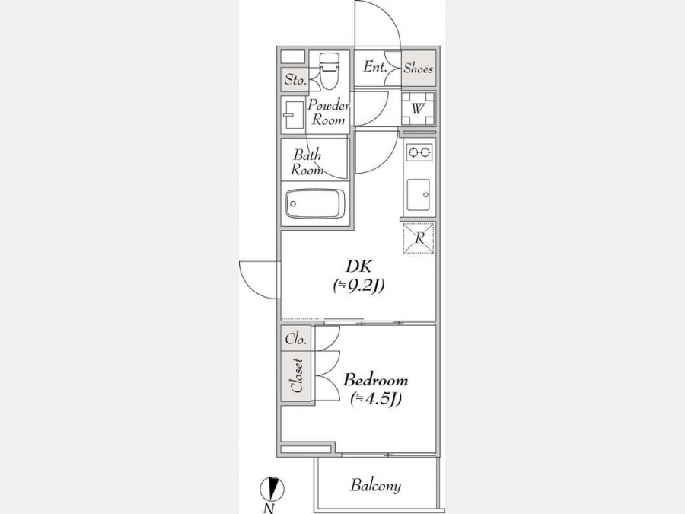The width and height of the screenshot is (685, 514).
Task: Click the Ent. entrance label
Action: coord(374,67)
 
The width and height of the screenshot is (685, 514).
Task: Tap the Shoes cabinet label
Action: coord(418,68)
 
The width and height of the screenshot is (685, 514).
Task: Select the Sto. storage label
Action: coord(295,79)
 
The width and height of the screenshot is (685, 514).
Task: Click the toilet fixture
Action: coord(329,70)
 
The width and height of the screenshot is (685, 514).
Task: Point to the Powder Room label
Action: coord(329,113)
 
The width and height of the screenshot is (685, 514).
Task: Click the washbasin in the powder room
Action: coord(293,115)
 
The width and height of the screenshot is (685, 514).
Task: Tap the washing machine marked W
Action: coord(418,108)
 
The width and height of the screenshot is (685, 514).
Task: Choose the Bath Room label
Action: coord(307,162)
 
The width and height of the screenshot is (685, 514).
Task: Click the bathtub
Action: coord(315,203)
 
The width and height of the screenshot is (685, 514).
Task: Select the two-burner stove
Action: coord(419,152)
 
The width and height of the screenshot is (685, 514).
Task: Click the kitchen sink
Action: coord(418,195)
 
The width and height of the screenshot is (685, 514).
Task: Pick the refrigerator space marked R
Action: coord(419,238)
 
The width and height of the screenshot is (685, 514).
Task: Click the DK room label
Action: coord(358,267)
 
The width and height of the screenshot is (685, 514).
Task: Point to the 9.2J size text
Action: coord(358,286)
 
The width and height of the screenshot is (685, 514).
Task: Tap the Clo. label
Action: coord(296,339)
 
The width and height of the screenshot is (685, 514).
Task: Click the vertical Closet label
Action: coord(297,375)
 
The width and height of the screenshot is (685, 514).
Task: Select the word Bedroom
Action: coord(376,380)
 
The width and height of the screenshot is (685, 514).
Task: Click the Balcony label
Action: coord(375,485)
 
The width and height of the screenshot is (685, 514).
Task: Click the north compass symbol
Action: coord(272,489)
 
